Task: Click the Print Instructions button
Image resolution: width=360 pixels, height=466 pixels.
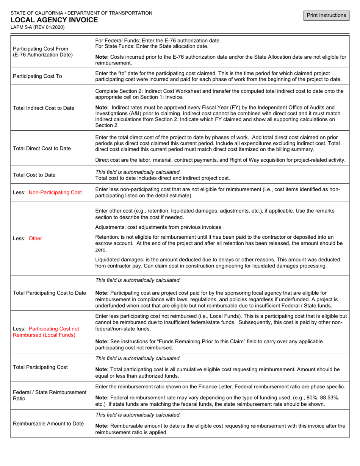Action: coord(327,15)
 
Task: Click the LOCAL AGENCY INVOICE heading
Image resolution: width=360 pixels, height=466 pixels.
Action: coord(54,20)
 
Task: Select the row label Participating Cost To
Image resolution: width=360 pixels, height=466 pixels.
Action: coord(38,76)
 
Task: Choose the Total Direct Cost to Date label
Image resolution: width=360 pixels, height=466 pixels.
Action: coord(42,148)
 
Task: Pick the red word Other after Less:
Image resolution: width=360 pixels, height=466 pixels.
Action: coord(35,238)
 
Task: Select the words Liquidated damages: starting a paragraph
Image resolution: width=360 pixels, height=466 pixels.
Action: coord(119,260)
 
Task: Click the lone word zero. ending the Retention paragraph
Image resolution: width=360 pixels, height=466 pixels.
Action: coord(101,250)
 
